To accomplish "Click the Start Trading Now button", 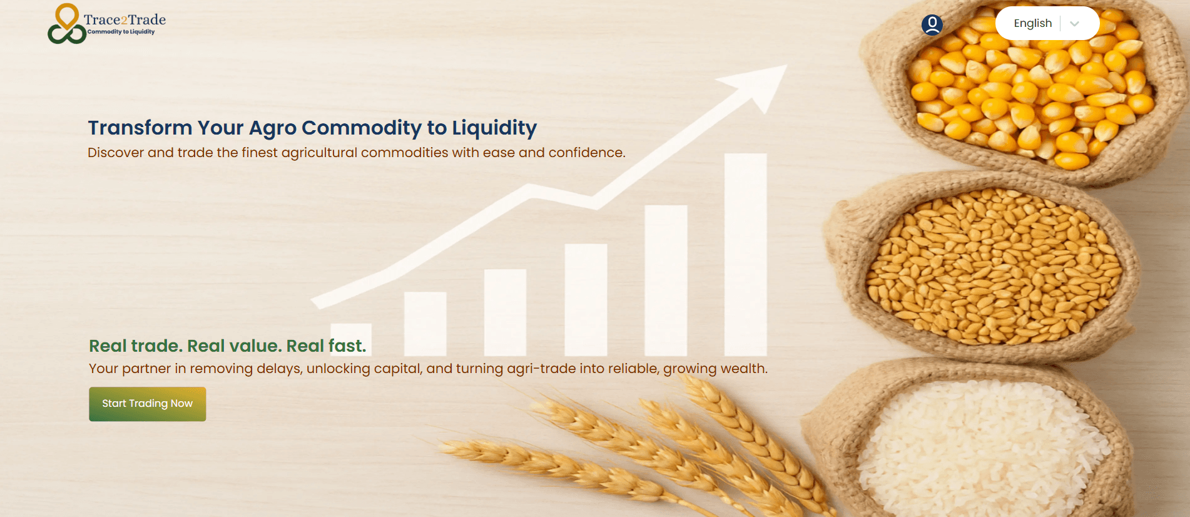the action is click(x=147, y=404).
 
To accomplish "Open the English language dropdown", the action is click(x=1047, y=23).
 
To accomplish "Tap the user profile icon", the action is click(x=932, y=25).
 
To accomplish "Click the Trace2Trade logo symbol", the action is click(x=67, y=24).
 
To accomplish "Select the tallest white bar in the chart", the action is click(x=745, y=254).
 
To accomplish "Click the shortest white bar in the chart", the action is click(x=350, y=339).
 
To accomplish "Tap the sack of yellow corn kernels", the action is click(x=1026, y=88).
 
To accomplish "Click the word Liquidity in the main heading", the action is click(x=494, y=128).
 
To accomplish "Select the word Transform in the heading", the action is click(x=140, y=128).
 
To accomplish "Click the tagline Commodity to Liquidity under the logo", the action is click(x=121, y=32).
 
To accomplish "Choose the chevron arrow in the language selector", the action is click(x=1074, y=24).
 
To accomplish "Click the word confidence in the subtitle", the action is click(x=587, y=153).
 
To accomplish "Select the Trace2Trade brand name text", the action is click(x=125, y=19).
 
